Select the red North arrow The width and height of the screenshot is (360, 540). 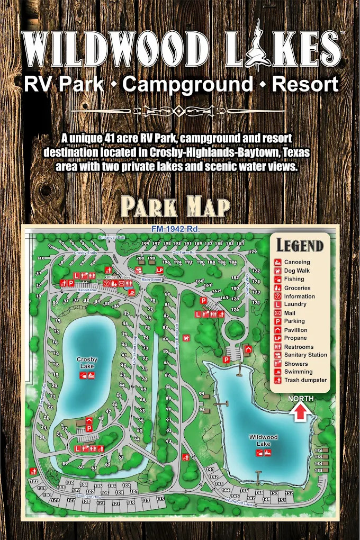pyautogui.click(x=300, y=411)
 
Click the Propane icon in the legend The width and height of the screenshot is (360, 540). pyautogui.click(x=277, y=338)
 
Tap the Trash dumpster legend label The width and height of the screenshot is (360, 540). pyautogui.click(x=305, y=380)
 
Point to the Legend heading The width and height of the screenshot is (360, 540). pyautogui.click(x=300, y=246)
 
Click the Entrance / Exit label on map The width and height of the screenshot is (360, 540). pyautogui.click(x=111, y=238)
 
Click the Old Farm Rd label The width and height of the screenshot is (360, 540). pyautogui.click(x=184, y=252)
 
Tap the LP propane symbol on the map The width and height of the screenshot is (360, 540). pyautogui.click(x=159, y=269)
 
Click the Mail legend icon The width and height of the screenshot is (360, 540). pyautogui.click(x=277, y=313)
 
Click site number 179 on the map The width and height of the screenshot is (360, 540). pyautogui.click(x=253, y=252)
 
